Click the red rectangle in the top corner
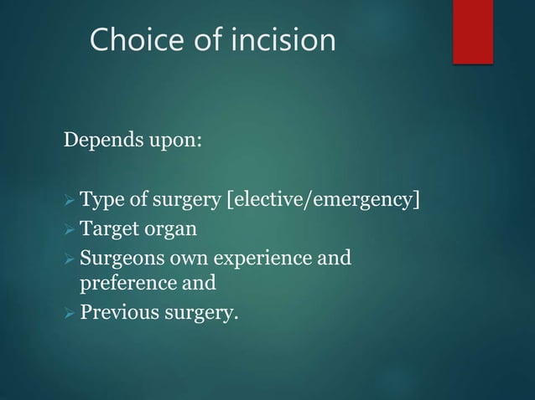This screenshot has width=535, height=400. click(x=473, y=31)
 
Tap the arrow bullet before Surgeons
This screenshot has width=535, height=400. click(x=70, y=258)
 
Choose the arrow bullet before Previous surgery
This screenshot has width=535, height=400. click(x=70, y=312)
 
